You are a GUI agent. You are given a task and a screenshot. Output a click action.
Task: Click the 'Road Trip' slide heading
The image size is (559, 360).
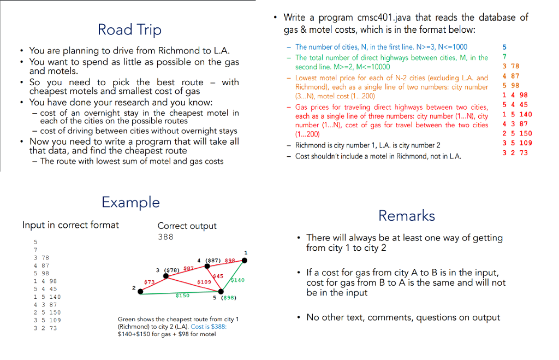click(x=129, y=29)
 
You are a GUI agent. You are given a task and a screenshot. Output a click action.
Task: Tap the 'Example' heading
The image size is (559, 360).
click(x=130, y=202)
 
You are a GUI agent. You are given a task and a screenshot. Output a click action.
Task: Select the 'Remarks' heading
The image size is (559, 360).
click(x=407, y=215)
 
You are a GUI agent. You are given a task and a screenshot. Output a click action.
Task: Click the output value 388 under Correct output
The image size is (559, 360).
click(x=165, y=237)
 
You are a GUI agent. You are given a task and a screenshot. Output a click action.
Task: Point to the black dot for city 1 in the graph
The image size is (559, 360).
click(x=244, y=261)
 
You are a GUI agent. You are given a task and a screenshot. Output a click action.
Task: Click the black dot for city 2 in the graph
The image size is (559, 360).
click(x=141, y=292)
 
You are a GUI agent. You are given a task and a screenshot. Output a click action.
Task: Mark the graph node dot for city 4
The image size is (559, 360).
click(x=206, y=267)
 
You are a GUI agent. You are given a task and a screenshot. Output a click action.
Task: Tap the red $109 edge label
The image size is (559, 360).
click(x=204, y=282)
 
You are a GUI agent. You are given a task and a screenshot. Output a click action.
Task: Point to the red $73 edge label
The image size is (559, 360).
click(x=148, y=281)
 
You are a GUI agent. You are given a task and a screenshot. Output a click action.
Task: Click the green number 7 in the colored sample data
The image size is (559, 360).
click(x=504, y=56)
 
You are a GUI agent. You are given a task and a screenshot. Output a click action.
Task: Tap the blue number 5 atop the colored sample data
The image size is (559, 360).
click(x=504, y=47)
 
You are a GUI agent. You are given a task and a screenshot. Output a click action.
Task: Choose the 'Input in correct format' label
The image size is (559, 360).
click(x=70, y=225)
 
